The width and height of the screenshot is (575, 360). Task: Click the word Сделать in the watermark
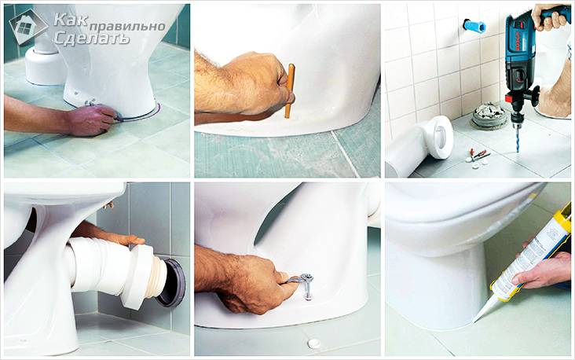[92, 38]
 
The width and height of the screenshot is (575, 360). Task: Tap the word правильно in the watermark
[127, 27]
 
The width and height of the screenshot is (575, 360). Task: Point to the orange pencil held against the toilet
[289, 90]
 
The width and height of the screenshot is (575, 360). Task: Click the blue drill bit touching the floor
[517, 138]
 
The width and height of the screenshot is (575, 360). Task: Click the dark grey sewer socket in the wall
[171, 283]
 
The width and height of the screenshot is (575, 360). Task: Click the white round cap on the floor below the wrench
[314, 343]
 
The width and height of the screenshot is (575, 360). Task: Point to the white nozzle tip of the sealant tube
[482, 312]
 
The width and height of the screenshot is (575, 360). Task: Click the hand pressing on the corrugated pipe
[110, 234]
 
